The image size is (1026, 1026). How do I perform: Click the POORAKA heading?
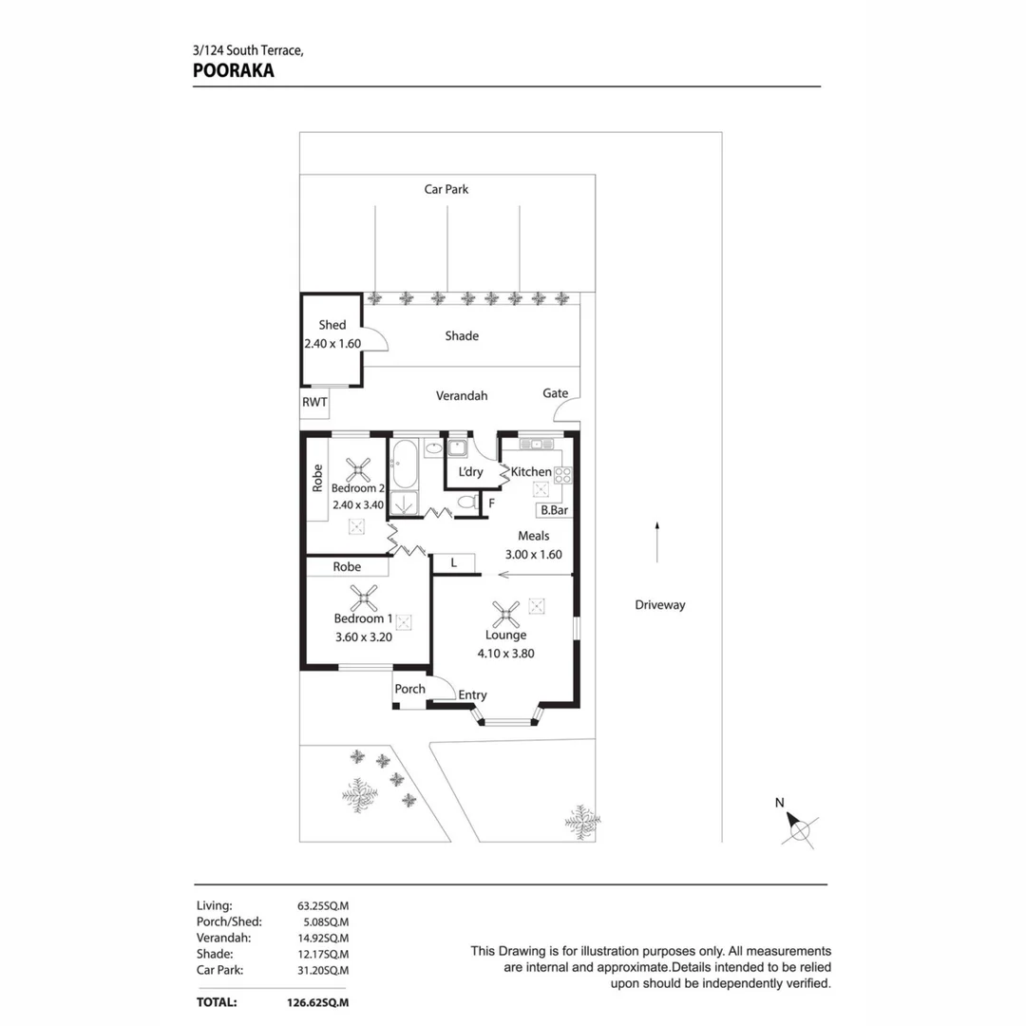click(x=234, y=70)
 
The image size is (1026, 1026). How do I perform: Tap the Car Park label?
click(x=446, y=189)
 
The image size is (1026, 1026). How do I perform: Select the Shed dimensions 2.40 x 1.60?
click(x=332, y=344)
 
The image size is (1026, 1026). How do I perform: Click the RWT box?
click(x=314, y=403)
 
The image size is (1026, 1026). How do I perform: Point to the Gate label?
click(x=556, y=393)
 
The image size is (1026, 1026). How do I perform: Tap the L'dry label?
click(x=470, y=472)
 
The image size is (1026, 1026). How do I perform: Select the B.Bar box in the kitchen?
click(x=554, y=510)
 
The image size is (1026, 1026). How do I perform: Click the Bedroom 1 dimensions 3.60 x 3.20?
click(x=364, y=637)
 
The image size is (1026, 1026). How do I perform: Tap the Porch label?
click(x=410, y=689)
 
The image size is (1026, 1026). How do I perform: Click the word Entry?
click(x=472, y=695)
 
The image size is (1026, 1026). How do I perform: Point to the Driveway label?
click(x=660, y=604)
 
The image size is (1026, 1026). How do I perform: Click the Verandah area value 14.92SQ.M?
click(x=323, y=938)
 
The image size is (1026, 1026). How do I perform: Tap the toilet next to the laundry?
click(x=466, y=502)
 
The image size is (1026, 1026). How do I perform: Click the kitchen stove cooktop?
click(x=562, y=475)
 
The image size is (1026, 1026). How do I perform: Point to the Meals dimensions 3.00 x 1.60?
click(x=534, y=554)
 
